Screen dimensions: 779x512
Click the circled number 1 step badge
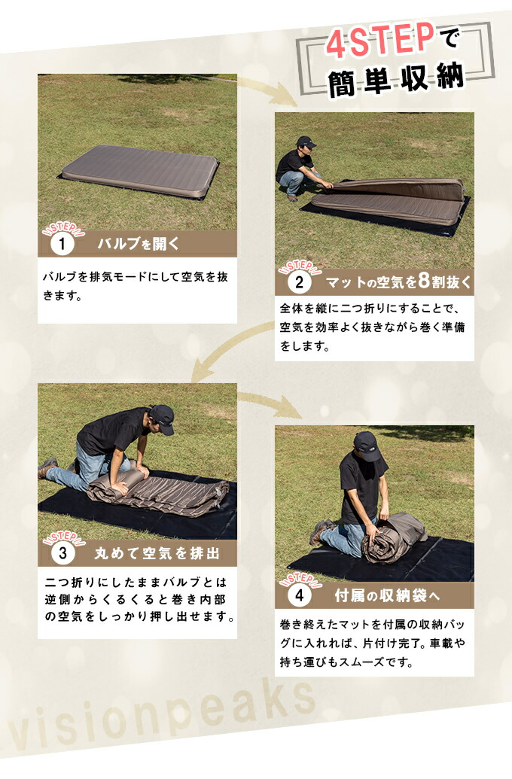61,244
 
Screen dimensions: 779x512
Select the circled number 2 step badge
298,283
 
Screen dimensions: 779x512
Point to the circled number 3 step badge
61,553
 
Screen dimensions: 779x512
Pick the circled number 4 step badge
298,596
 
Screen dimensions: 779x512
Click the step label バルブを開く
138,244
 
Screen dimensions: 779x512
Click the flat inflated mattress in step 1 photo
139,172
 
